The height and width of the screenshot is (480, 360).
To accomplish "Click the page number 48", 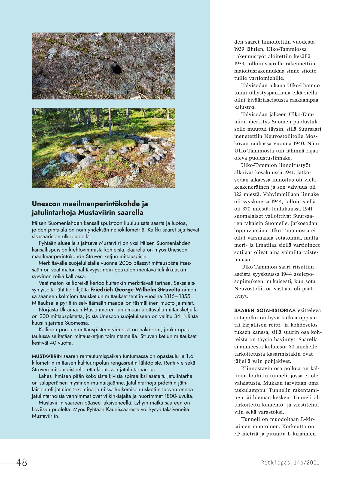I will [x=22, y=462].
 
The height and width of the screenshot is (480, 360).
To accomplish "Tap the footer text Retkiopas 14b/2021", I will [x=290, y=463].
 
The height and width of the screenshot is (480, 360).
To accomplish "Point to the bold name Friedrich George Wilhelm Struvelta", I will [x=135, y=290].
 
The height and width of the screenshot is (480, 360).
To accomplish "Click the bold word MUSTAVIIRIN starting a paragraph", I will [x=47, y=356].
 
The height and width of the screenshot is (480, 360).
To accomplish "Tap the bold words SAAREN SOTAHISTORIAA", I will [x=265, y=310].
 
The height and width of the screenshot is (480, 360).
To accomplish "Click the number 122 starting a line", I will [x=238, y=194].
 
